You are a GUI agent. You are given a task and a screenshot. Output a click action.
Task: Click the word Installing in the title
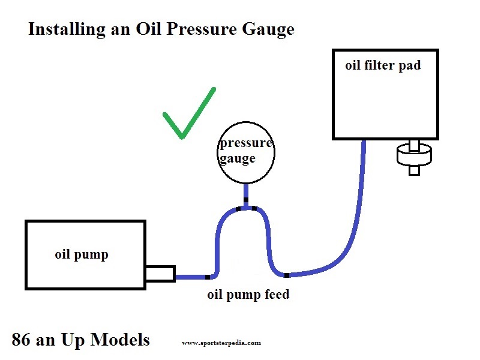[x=67, y=30]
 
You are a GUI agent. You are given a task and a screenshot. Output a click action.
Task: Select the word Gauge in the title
[x=268, y=30]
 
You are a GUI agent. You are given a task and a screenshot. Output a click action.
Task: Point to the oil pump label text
[x=82, y=254]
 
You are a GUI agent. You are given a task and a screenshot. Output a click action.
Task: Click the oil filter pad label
[x=383, y=65]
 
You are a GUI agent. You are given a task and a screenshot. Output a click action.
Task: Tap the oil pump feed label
[x=248, y=295]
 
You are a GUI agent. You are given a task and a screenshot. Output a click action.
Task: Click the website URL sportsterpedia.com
[x=221, y=343]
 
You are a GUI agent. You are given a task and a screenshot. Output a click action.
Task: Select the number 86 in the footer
[x=21, y=340]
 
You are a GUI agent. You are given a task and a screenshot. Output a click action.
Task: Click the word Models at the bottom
[x=121, y=340]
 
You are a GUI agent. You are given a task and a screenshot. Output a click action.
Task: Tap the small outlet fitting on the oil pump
[x=160, y=274]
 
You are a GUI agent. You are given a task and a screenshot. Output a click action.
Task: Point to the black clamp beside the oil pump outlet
[x=208, y=277]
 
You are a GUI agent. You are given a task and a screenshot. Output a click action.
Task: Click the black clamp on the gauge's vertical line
[x=246, y=200]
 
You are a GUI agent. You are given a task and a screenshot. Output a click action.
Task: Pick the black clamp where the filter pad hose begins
[x=287, y=275]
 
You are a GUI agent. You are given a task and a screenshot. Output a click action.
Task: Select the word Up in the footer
[x=73, y=340]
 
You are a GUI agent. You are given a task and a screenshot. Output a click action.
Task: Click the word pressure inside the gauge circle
[x=246, y=143]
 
